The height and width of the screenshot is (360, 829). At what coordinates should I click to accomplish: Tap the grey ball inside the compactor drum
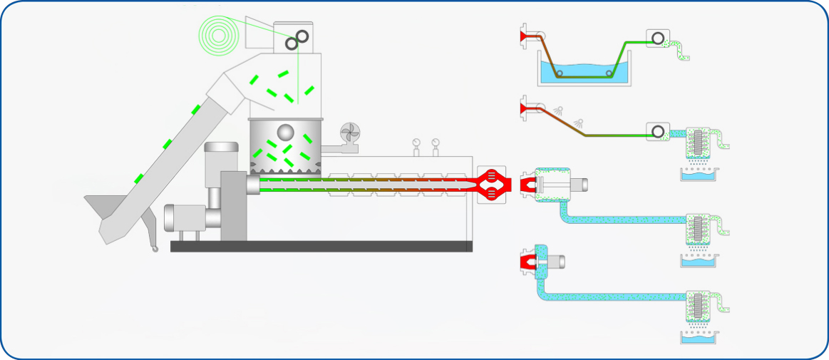(284, 132)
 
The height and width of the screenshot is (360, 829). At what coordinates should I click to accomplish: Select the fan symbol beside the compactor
(351, 134)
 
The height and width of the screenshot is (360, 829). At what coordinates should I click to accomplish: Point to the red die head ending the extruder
(493, 185)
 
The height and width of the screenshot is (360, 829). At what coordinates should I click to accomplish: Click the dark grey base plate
(321, 246)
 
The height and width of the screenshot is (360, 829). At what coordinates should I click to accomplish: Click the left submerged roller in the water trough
(559, 73)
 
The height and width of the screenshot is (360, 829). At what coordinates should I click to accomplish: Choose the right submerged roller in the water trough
(609, 73)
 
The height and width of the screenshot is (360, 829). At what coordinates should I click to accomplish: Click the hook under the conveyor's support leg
(153, 249)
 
